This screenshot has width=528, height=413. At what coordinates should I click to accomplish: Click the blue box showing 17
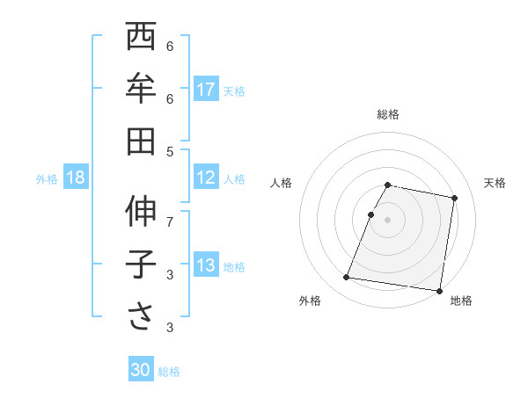point(206,89)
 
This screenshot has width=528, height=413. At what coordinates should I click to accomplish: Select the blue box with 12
point(206,178)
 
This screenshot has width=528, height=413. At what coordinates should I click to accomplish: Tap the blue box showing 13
point(206,265)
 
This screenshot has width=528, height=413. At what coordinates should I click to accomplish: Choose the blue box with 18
point(76,178)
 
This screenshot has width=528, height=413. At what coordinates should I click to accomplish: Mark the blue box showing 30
point(141,370)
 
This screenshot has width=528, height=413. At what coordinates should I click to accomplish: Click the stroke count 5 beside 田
point(170,151)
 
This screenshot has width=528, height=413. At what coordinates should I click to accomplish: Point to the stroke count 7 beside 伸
point(170,221)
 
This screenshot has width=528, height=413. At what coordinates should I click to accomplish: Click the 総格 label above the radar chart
point(388,114)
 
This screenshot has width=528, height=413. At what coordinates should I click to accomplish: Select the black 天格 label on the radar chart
point(495,183)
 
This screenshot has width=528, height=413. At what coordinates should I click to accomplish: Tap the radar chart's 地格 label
point(461,301)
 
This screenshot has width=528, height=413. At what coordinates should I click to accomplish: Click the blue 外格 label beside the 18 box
point(47,178)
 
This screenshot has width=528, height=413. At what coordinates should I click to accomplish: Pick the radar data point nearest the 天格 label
point(454,199)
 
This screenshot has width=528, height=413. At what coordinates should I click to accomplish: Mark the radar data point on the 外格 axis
point(347,278)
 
